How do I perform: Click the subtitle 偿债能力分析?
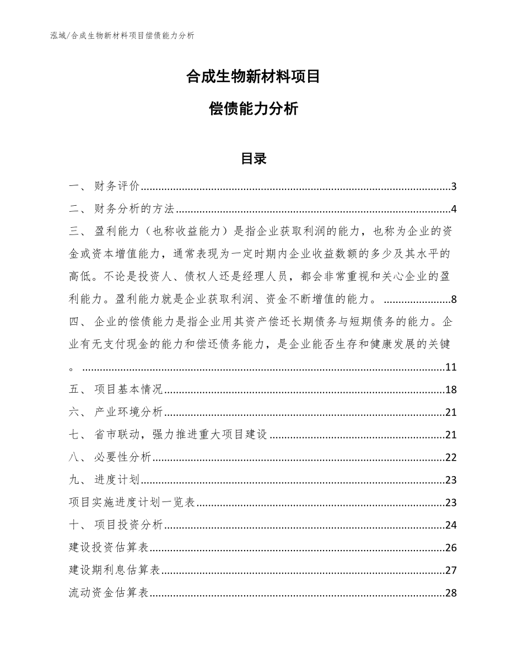(x=253, y=109)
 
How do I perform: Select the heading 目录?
(x=253, y=159)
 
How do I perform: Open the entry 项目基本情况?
(x=128, y=390)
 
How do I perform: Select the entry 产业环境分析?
(x=128, y=413)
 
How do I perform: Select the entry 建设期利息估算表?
(x=114, y=570)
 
